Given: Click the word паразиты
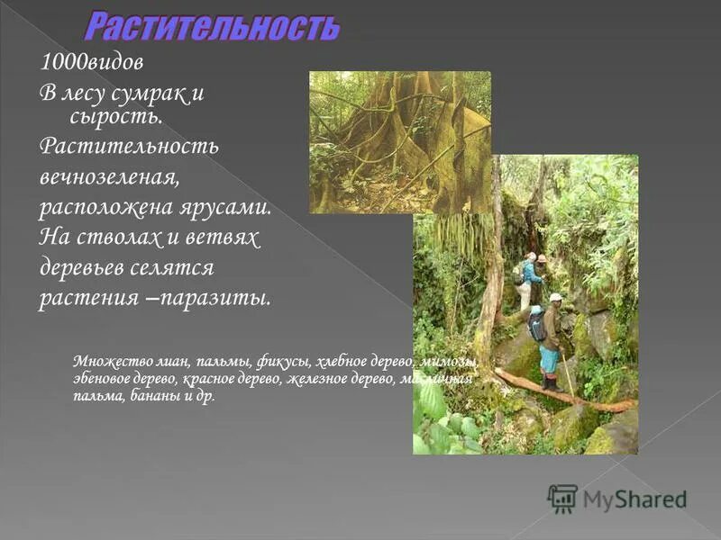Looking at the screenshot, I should point(218,298).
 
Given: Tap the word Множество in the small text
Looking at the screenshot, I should point(104,362).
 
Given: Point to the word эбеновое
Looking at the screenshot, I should point(100,380).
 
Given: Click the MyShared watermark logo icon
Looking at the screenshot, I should point(562,498).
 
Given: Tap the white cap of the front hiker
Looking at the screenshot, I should point(555,297).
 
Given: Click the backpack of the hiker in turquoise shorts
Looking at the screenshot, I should point(537,325).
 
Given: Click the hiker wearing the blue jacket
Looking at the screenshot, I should point(532,274).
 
